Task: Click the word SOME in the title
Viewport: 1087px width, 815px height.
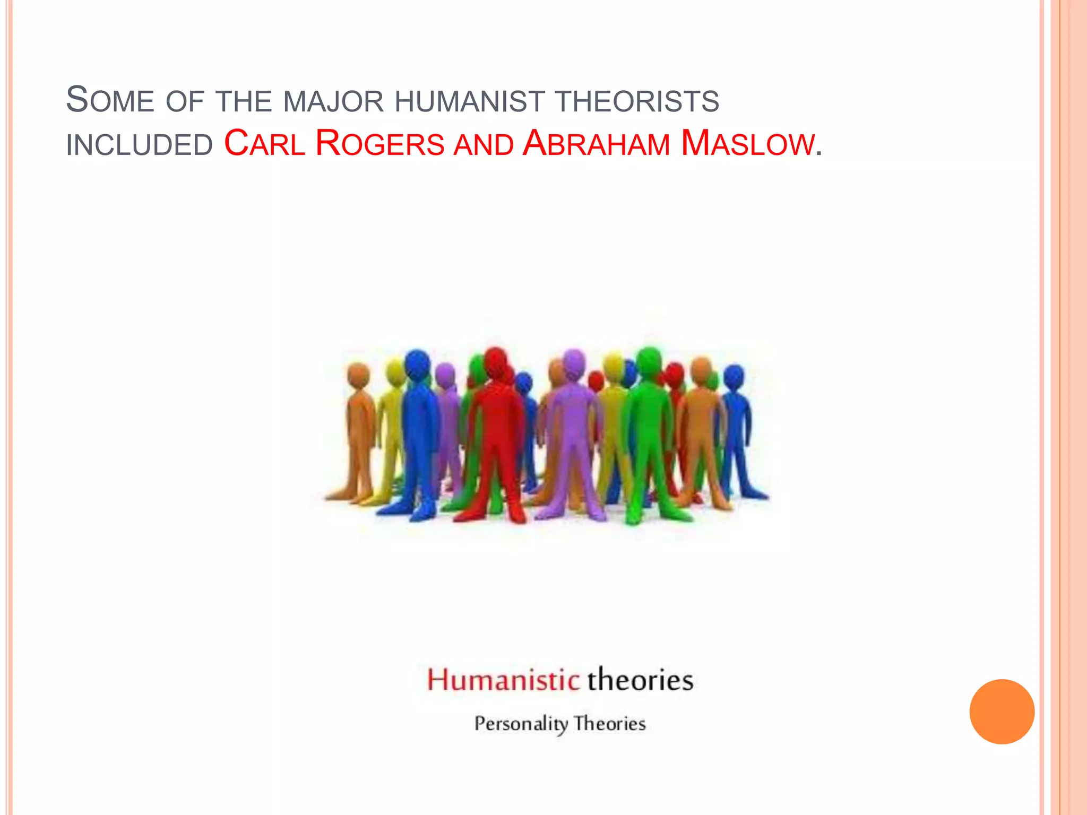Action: click(110, 100)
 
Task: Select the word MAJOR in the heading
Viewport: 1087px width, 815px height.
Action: click(333, 101)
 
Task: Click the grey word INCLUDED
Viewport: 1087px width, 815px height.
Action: click(139, 145)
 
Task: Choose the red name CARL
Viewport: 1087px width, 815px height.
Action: click(264, 144)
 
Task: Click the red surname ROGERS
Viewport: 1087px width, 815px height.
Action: click(379, 144)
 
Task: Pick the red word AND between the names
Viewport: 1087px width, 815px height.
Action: click(484, 145)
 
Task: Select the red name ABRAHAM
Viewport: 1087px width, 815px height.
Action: click(596, 144)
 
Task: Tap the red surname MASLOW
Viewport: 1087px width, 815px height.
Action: click(747, 144)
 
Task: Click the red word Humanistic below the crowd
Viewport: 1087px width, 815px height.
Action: click(503, 680)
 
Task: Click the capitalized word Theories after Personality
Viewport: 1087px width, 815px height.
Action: click(610, 724)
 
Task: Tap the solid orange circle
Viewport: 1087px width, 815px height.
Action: click(1002, 712)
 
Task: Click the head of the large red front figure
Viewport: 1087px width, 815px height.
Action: click(496, 362)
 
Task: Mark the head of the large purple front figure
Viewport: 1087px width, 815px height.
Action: click(574, 363)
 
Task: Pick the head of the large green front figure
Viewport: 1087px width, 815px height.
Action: click(649, 361)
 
